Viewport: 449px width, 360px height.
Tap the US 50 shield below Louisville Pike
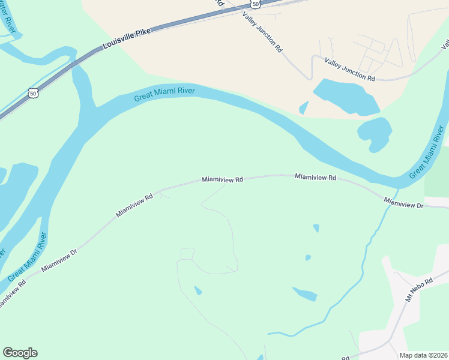(33, 93)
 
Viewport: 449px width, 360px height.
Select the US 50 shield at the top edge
(256, 4)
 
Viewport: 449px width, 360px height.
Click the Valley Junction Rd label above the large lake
(349, 70)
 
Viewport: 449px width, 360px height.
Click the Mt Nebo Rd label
(418, 289)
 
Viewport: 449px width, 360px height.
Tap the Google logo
(20, 353)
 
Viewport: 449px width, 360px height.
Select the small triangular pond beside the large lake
(304, 108)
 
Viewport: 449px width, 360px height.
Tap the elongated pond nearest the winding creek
(305, 294)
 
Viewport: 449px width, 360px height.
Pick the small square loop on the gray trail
(187, 254)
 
